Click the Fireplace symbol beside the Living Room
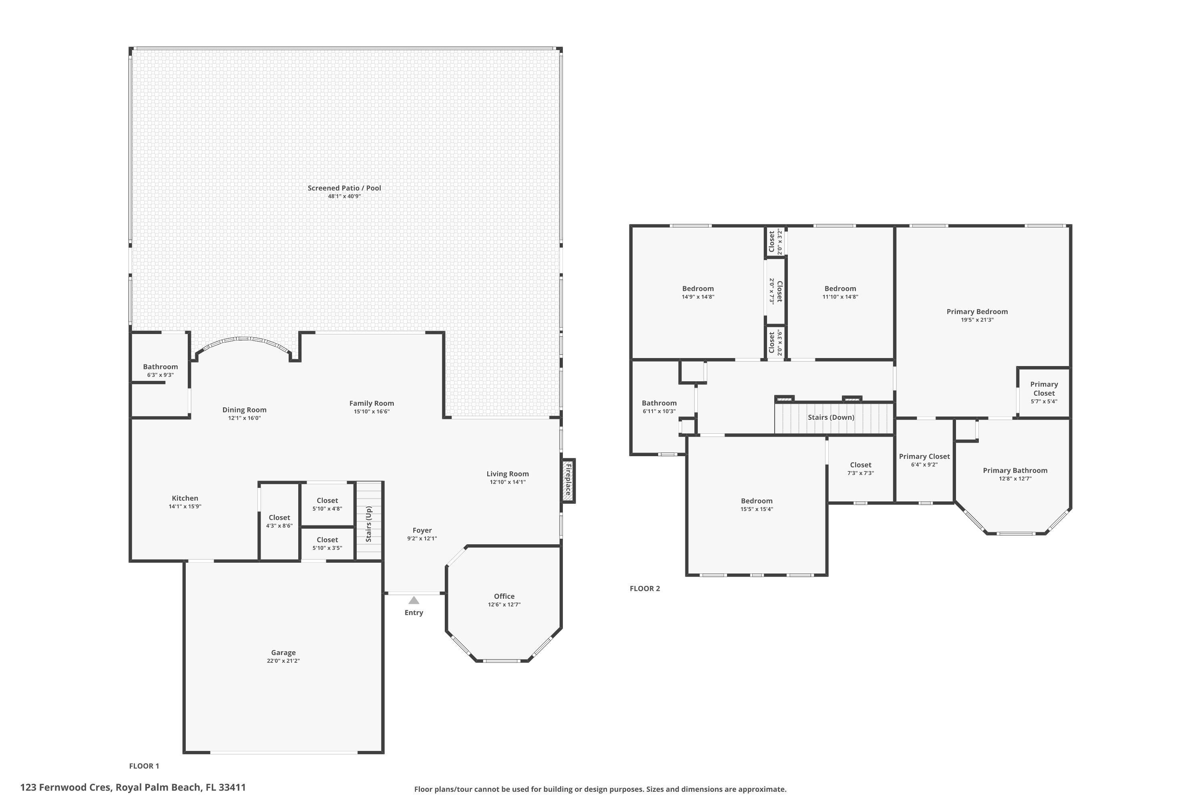[568, 480]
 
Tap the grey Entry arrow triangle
[414, 600]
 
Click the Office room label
[504, 596]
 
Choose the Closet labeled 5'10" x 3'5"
[327, 540]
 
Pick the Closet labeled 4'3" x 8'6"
[279, 517]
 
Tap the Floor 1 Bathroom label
[161, 367]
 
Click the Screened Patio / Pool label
[344, 188]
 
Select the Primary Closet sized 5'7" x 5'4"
[1044, 389]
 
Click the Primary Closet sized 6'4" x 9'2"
[924, 457]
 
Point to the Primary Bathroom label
[1015, 471]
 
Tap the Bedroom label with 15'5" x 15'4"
[757, 501]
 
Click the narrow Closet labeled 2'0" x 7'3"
[776, 291]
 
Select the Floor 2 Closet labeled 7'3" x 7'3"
[860, 465]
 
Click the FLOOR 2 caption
[645, 588]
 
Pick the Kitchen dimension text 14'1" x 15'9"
[185, 507]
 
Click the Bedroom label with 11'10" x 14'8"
[840, 289]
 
